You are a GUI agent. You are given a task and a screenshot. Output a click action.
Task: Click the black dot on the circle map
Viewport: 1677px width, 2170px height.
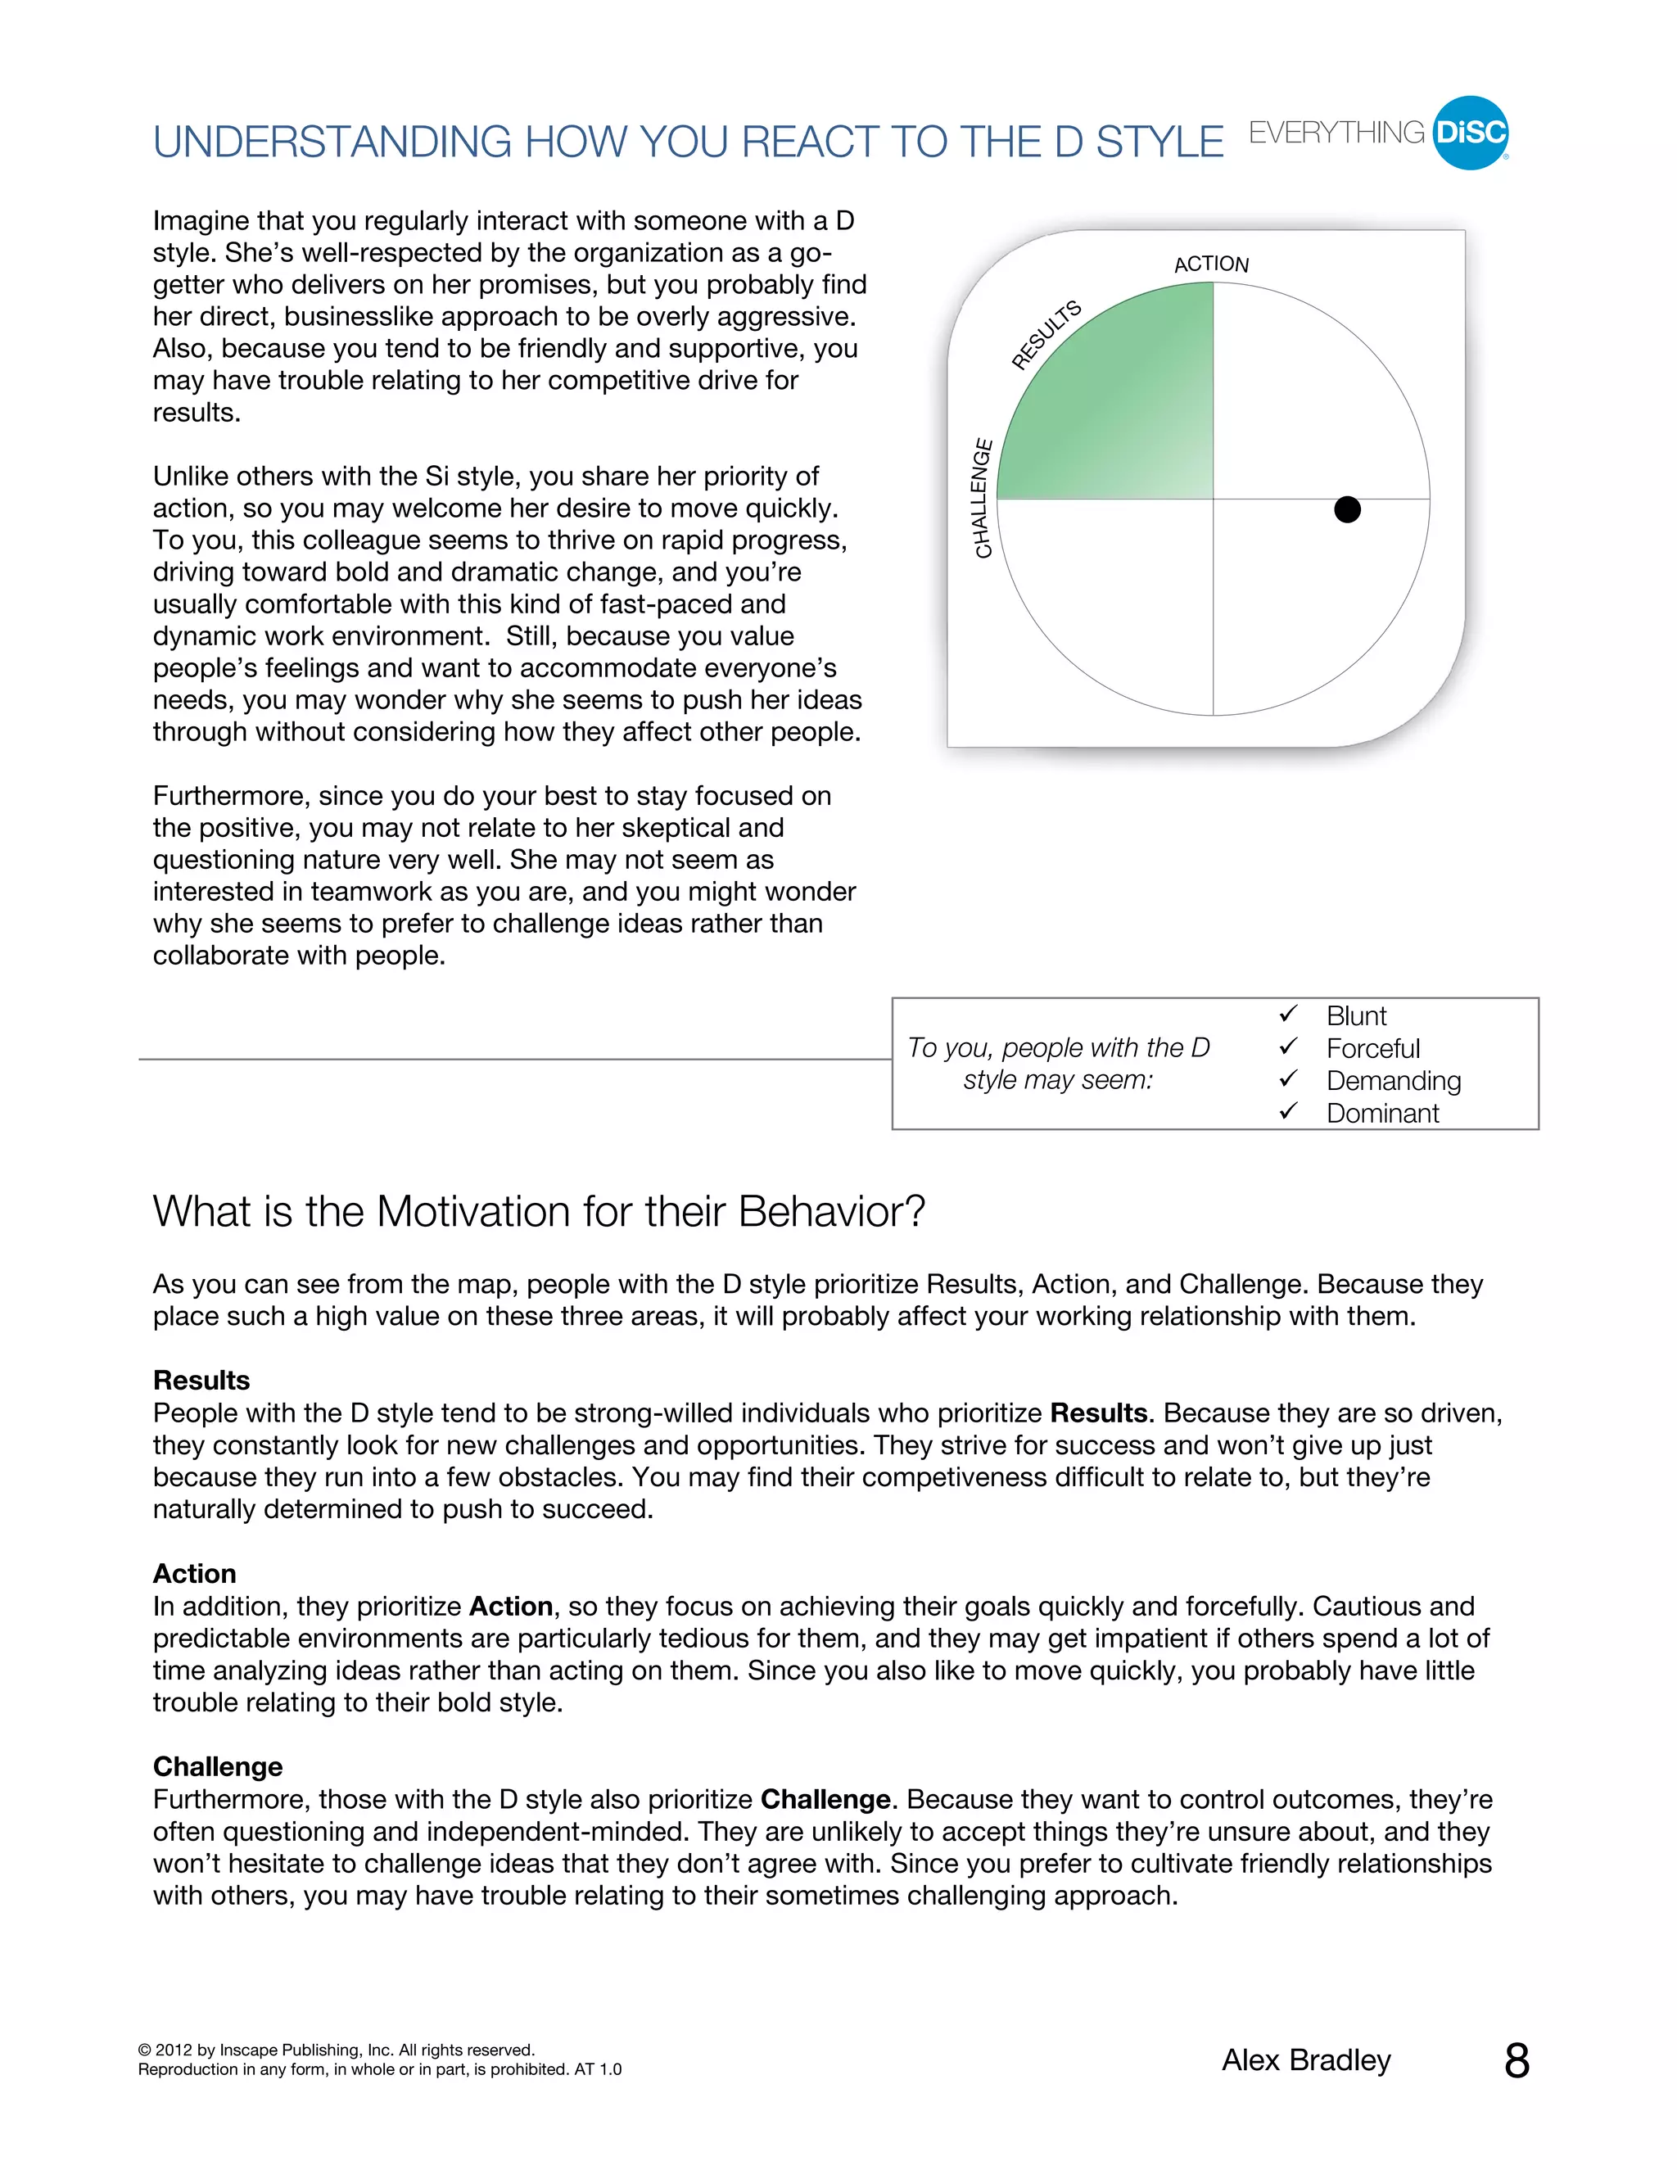point(1346,509)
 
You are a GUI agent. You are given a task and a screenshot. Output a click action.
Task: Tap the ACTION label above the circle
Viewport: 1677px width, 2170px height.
point(1211,264)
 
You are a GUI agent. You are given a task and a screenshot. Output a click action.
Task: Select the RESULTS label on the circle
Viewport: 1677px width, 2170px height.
point(1046,335)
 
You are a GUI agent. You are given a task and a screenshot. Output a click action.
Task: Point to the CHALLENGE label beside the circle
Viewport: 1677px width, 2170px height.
point(982,498)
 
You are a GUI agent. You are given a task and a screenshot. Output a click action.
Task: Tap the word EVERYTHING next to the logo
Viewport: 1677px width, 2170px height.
point(1336,133)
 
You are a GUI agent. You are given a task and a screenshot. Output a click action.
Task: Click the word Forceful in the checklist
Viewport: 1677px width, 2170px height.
point(1373,1048)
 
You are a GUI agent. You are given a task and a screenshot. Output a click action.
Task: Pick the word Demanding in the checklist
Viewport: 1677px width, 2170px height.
point(1393,1081)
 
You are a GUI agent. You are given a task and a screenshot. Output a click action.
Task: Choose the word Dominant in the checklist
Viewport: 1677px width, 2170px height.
point(1382,1114)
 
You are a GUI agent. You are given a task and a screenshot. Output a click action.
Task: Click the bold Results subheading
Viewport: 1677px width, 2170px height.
point(201,1380)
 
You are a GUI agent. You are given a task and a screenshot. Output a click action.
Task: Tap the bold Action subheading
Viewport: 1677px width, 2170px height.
point(195,1574)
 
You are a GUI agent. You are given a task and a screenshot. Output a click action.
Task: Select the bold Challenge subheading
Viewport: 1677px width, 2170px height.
point(218,1766)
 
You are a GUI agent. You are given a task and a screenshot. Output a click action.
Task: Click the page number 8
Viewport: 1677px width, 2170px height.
point(1516,2062)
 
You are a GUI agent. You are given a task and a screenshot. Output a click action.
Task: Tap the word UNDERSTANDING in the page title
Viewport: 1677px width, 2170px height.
point(332,142)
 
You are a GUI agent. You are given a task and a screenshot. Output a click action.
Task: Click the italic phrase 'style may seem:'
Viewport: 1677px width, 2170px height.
point(1058,1080)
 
